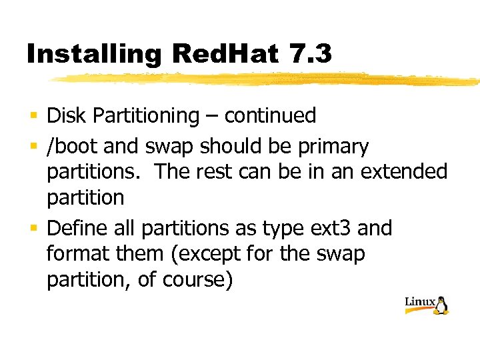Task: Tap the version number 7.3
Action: click(x=311, y=53)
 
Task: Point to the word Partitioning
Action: click(x=145, y=116)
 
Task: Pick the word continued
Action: click(x=270, y=116)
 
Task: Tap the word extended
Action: click(x=404, y=171)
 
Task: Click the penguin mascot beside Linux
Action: click(x=441, y=305)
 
